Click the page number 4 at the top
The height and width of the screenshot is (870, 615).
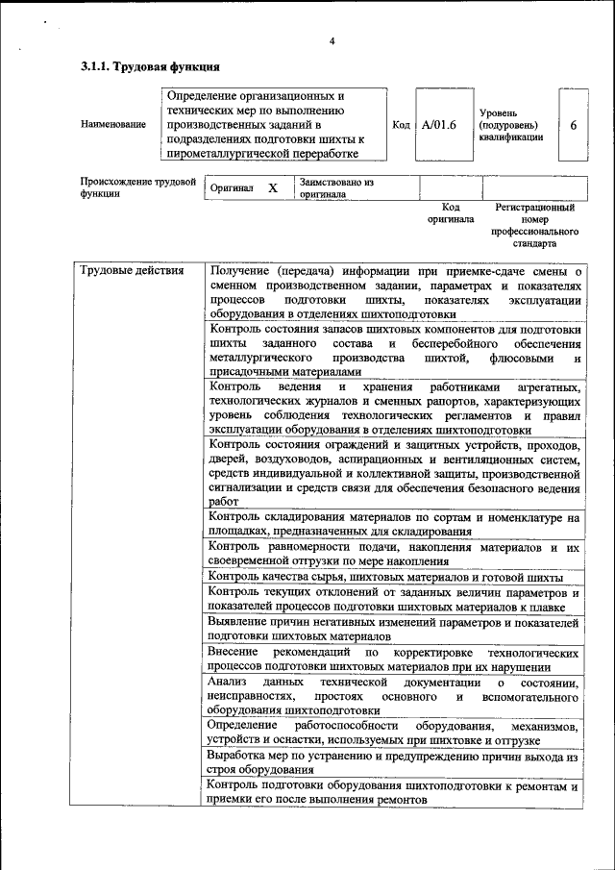coord(332,41)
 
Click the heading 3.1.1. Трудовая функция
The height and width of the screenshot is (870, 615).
coord(150,67)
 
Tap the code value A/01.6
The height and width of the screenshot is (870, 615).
coord(438,125)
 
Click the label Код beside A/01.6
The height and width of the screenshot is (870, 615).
coord(401,125)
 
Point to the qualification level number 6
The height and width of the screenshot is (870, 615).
coord(574,125)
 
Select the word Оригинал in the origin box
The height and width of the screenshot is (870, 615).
coord(233,187)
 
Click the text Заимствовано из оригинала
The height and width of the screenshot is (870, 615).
coord(335,187)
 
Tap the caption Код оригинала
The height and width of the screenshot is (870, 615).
coord(451,212)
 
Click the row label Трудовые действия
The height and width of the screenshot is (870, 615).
coord(132,271)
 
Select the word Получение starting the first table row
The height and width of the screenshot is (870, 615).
coord(240,272)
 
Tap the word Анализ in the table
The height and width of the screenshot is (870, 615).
coord(229,683)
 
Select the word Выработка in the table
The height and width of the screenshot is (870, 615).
coord(239,757)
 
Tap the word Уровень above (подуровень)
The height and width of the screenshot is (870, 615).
coord(498,112)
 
